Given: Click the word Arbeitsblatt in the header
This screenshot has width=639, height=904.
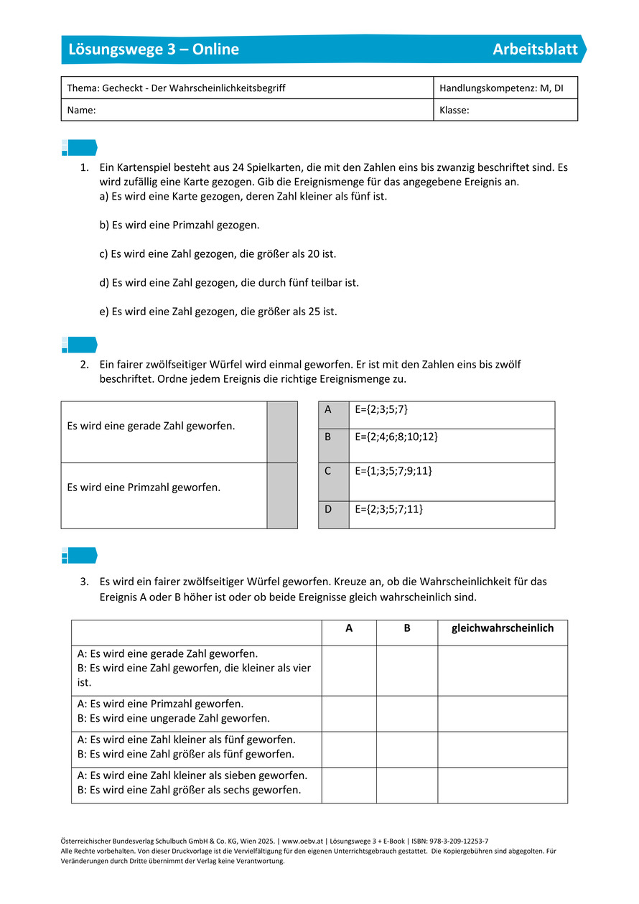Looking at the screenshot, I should tap(535, 50).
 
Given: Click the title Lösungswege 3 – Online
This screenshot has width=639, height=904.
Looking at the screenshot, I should tap(154, 50).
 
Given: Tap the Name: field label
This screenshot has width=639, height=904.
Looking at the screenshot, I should tap(82, 111).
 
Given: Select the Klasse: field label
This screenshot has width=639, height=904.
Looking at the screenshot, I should tap(454, 111).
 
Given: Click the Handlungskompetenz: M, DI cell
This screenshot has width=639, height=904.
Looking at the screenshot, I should tap(501, 88).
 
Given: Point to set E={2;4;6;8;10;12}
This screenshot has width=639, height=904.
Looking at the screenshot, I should tap(396, 437).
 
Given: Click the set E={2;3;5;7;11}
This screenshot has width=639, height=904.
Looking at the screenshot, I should tap(389, 509).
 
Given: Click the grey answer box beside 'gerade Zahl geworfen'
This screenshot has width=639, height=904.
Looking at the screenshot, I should tap(282, 432).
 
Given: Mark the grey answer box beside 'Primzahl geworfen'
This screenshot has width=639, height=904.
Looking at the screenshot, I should tap(282, 495).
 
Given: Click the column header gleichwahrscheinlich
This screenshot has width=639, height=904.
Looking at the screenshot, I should tap(503, 628).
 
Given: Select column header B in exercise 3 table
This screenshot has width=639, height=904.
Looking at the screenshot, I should tap(407, 628).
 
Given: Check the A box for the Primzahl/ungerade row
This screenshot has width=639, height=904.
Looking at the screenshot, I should tap(349, 714).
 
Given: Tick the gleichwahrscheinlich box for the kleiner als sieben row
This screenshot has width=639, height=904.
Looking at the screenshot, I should tap(503, 785).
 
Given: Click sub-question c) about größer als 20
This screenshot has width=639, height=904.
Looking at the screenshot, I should tap(218, 254).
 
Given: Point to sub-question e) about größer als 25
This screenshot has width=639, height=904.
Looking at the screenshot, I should tap(218, 312).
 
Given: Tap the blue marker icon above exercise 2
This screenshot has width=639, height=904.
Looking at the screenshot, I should tap(79, 345).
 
